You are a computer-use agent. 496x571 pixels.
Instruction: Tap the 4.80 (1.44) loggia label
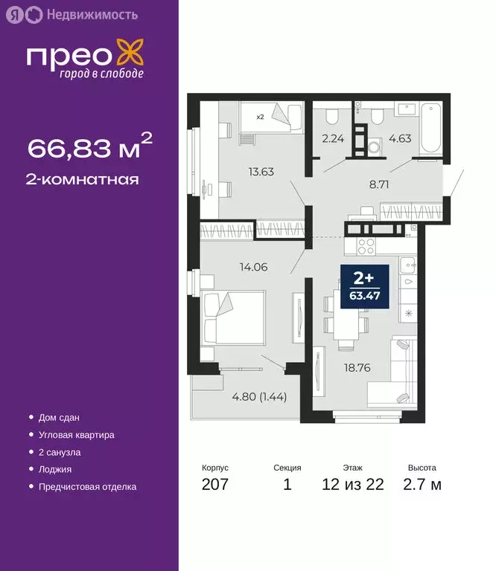pyautogui.click(x=260, y=396)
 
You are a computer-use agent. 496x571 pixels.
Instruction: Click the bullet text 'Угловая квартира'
pyautogui.click(x=77, y=434)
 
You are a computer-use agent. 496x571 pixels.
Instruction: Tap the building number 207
pyautogui.click(x=214, y=485)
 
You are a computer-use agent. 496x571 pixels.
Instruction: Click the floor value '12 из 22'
pyautogui.click(x=352, y=485)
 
